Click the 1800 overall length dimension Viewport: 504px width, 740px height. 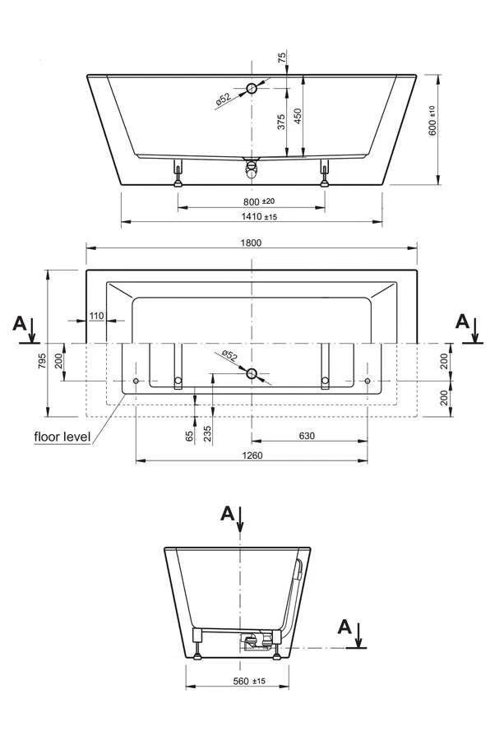click(252, 242)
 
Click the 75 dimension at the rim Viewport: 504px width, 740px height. click(282, 58)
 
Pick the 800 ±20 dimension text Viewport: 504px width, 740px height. click(258, 201)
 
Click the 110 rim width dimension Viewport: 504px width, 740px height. click(96, 316)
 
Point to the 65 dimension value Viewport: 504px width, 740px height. click(190, 435)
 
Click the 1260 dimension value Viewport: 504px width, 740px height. click(252, 456)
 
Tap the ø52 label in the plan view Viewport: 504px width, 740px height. click(228, 355)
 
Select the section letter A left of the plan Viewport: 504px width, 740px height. click(19, 323)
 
